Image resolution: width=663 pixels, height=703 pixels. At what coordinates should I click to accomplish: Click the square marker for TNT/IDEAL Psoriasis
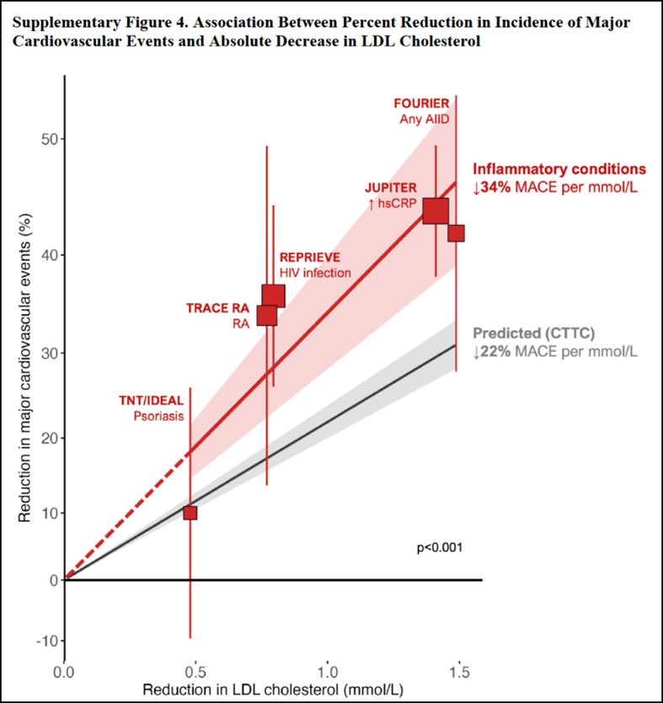tap(190, 513)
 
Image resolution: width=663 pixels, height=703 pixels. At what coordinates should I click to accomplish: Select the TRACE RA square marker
tap(267, 315)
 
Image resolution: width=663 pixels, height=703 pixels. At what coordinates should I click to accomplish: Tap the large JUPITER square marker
tap(436, 210)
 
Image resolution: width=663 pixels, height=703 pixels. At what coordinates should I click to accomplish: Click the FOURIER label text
tap(421, 104)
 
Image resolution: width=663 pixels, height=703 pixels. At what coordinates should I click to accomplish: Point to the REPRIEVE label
tap(309, 257)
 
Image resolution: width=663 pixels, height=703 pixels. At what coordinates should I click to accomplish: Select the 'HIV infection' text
tap(315, 273)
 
